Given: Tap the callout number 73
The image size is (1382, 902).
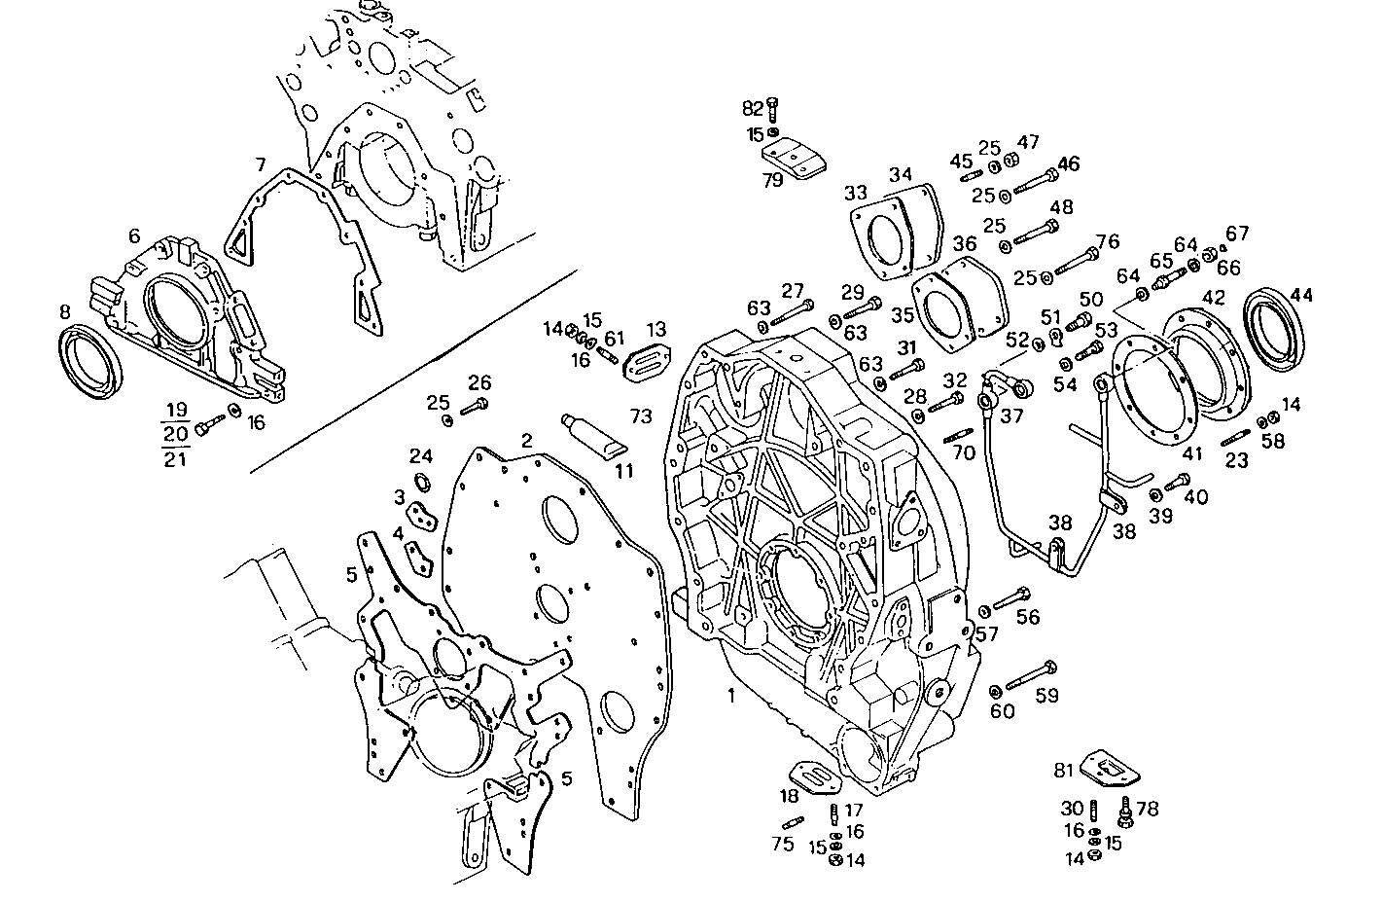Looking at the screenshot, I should (640, 416).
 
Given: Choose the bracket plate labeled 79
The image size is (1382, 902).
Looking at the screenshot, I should (795, 159).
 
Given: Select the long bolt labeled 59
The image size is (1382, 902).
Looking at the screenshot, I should (1032, 674).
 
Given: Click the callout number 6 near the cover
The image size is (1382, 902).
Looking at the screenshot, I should (134, 235).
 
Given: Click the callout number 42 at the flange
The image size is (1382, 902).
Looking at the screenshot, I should (1213, 296).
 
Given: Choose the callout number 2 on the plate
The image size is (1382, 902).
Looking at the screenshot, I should (526, 440).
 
